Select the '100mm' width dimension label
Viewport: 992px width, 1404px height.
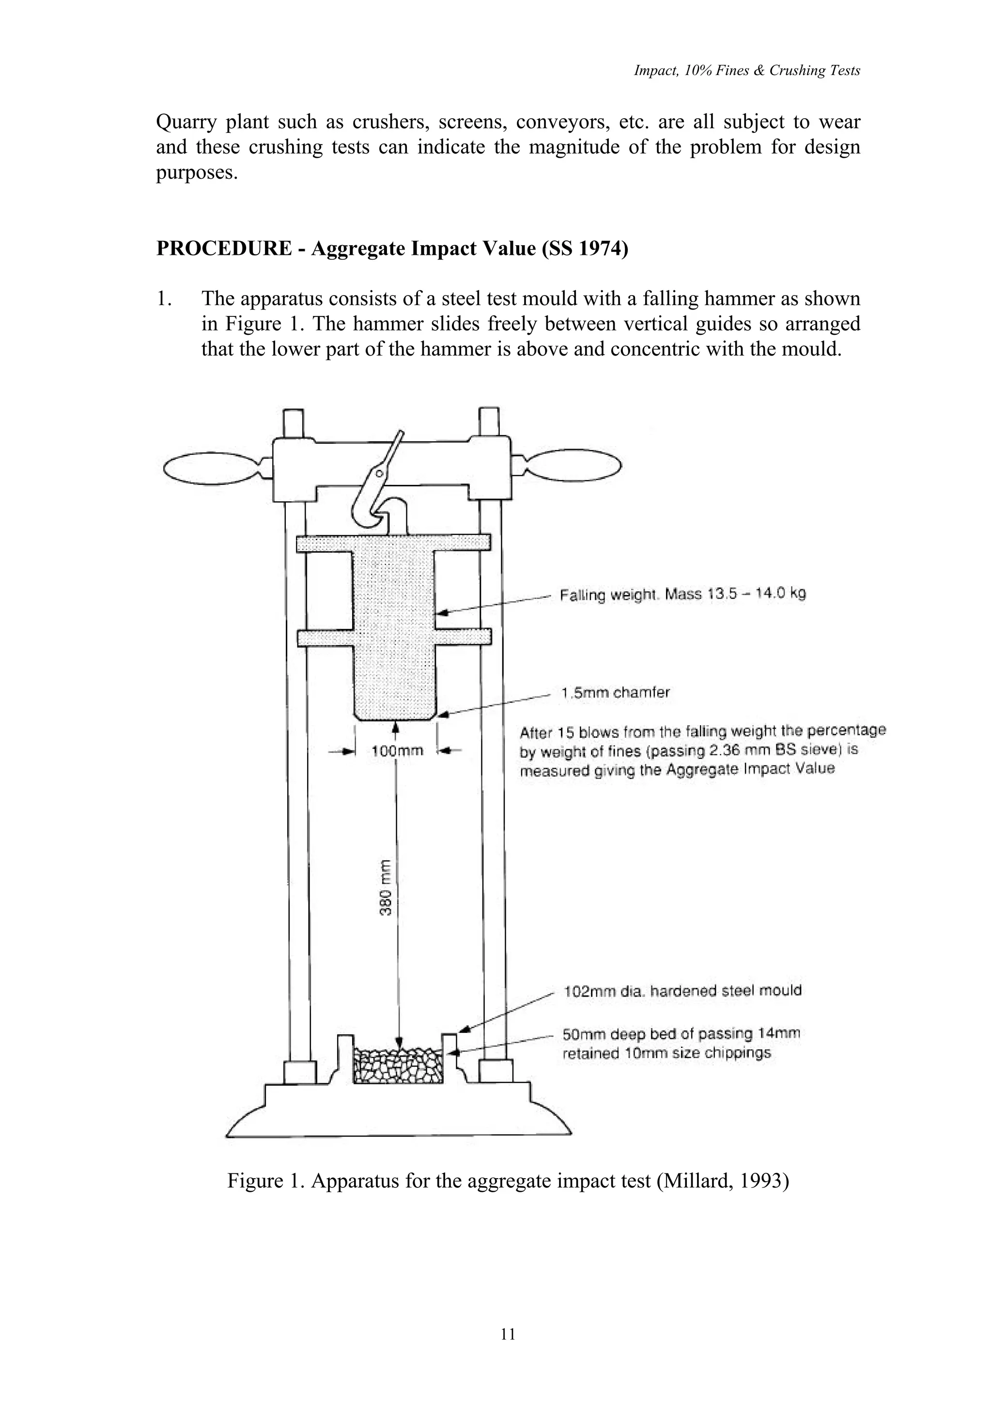click(397, 751)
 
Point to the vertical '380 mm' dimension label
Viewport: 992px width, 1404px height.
click(385, 887)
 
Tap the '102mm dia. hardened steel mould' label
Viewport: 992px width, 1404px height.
click(682, 991)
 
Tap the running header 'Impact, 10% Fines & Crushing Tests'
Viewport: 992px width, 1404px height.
click(746, 71)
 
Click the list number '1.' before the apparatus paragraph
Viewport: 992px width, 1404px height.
click(164, 299)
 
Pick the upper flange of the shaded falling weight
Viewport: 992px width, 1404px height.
click(393, 543)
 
